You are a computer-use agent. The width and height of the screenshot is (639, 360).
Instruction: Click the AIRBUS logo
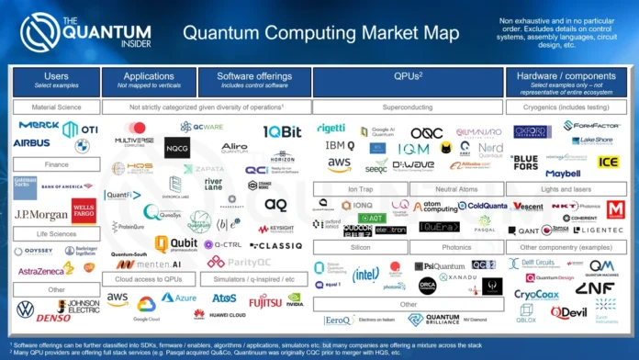tap(33, 143)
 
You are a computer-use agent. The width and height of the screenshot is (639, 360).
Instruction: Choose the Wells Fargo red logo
tap(83, 212)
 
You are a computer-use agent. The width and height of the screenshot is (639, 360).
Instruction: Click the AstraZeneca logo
tap(41, 270)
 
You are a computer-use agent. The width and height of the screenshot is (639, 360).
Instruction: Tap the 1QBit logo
tap(282, 132)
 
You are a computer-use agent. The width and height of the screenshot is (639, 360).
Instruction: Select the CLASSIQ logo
tap(276, 245)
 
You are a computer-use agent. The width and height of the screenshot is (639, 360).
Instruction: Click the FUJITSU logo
tap(265, 300)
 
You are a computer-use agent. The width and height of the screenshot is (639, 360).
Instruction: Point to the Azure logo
tap(180, 298)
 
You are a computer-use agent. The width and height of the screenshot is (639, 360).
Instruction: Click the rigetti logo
tap(331, 128)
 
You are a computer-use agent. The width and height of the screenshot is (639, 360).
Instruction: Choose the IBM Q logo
tap(339, 146)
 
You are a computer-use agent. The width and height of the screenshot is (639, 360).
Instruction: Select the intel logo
tap(365, 274)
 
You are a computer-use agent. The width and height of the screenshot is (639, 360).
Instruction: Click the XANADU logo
tap(457, 276)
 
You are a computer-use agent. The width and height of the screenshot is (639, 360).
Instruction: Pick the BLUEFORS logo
tap(524, 162)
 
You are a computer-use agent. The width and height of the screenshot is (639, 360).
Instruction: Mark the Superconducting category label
tap(407, 107)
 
